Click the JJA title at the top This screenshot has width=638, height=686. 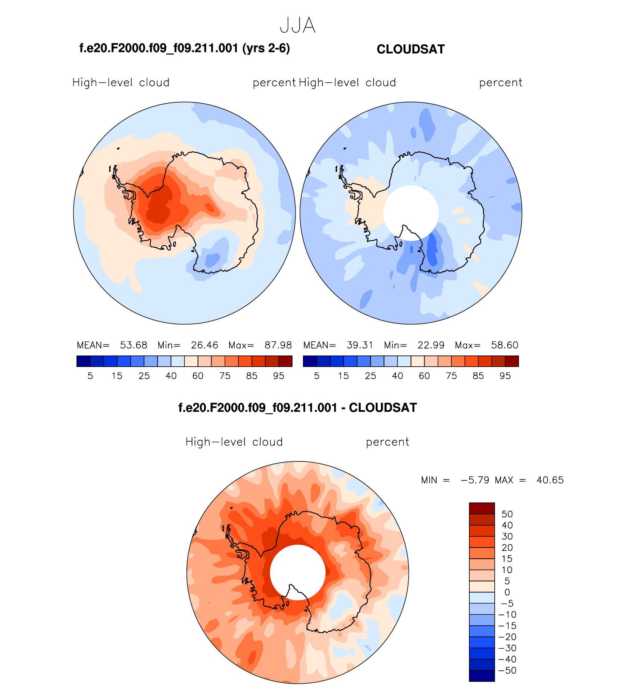pos(297,26)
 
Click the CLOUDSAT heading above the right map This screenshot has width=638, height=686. pos(410,50)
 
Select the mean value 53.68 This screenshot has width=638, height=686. pos(134,345)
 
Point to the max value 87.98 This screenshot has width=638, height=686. pos(278,345)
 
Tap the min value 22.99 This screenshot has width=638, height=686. pos(431,345)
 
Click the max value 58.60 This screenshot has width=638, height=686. pos(504,345)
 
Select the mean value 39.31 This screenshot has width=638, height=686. pos(360,345)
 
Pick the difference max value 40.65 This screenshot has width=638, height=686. pos(550,480)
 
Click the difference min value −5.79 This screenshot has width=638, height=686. pos(475,480)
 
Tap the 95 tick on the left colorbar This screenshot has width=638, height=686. pos(279,376)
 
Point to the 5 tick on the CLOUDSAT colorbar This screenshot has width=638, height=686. pos(317,376)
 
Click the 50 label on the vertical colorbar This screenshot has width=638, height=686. pos(507,514)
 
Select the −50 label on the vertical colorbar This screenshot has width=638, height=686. pos(507,670)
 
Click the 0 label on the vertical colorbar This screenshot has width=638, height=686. pos(507,592)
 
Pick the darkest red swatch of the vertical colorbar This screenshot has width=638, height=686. pos(482,508)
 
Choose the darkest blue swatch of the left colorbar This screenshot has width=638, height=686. pos(83,361)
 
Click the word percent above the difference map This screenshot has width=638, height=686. pos(387,442)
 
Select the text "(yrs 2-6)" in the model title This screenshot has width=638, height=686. pos(266,48)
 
